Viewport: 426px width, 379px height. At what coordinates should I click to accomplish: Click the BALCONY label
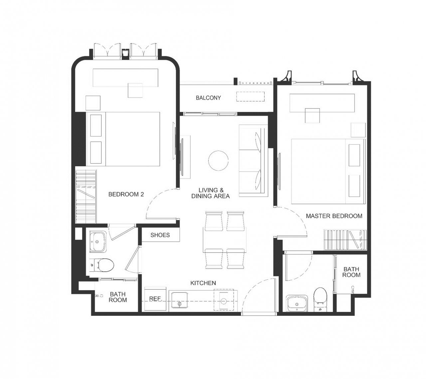(x=208, y=98)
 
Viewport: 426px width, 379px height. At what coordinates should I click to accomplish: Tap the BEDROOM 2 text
(x=126, y=194)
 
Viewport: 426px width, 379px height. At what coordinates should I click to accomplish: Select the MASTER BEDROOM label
(x=334, y=216)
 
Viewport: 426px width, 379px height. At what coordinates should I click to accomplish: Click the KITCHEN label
(x=203, y=283)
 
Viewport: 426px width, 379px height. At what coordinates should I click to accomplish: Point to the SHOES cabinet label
(x=160, y=235)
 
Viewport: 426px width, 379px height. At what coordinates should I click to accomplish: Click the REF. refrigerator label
(x=155, y=299)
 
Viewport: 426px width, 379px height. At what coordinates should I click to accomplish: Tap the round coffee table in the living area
(x=218, y=161)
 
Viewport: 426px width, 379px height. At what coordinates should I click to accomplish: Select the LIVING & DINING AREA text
(x=210, y=193)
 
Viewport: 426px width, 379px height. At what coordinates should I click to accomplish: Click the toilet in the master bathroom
(x=320, y=299)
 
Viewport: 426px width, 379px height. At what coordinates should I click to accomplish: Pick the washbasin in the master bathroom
(x=297, y=303)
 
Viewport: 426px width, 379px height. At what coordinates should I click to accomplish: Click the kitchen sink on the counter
(x=179, y=300)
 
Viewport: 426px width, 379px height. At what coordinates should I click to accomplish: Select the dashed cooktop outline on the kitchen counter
(x=224, y=300)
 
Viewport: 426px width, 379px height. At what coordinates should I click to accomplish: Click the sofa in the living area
(x=253, y=161)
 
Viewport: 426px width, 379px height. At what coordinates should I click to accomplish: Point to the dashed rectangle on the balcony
(x=250, y=97)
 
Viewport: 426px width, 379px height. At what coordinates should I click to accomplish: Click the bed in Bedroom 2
(x=123, y=139)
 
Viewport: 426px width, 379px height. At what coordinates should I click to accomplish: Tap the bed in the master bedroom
(x=328, y=171)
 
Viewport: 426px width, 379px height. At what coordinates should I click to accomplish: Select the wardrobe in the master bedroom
(x=345, y=240)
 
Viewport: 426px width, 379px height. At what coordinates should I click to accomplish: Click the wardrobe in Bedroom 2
(x=86, y=196)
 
